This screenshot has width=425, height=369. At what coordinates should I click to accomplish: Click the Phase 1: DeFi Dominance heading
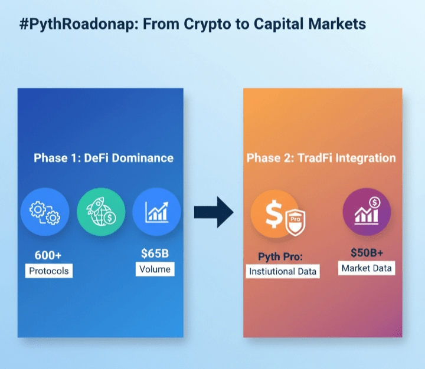(103, 158)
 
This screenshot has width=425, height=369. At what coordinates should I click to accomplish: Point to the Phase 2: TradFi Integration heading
(321, 158)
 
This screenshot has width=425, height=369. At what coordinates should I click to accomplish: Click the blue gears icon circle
(45, 212)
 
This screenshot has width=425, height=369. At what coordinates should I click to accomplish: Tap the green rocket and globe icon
(101, 212)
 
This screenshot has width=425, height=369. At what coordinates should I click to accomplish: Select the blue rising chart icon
(156, 212)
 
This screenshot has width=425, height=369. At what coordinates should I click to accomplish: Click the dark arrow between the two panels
(214, 212)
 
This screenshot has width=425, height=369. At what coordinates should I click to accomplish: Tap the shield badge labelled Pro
(296, 222)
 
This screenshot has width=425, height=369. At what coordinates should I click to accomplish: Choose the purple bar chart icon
(367, 212)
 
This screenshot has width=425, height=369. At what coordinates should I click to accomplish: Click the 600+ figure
(48, 255)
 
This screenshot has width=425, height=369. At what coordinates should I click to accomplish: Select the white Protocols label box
(49, 271)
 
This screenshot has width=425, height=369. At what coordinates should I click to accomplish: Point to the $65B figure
(155, 253)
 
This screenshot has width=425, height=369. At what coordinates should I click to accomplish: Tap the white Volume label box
(155, 269)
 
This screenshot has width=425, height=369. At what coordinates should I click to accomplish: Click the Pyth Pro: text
(280, 256)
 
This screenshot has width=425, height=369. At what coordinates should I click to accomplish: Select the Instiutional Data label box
(283, 271)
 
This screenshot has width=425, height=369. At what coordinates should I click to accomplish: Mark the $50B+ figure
(367, 253)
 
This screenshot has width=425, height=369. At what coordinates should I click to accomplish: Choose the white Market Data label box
(367, 268)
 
